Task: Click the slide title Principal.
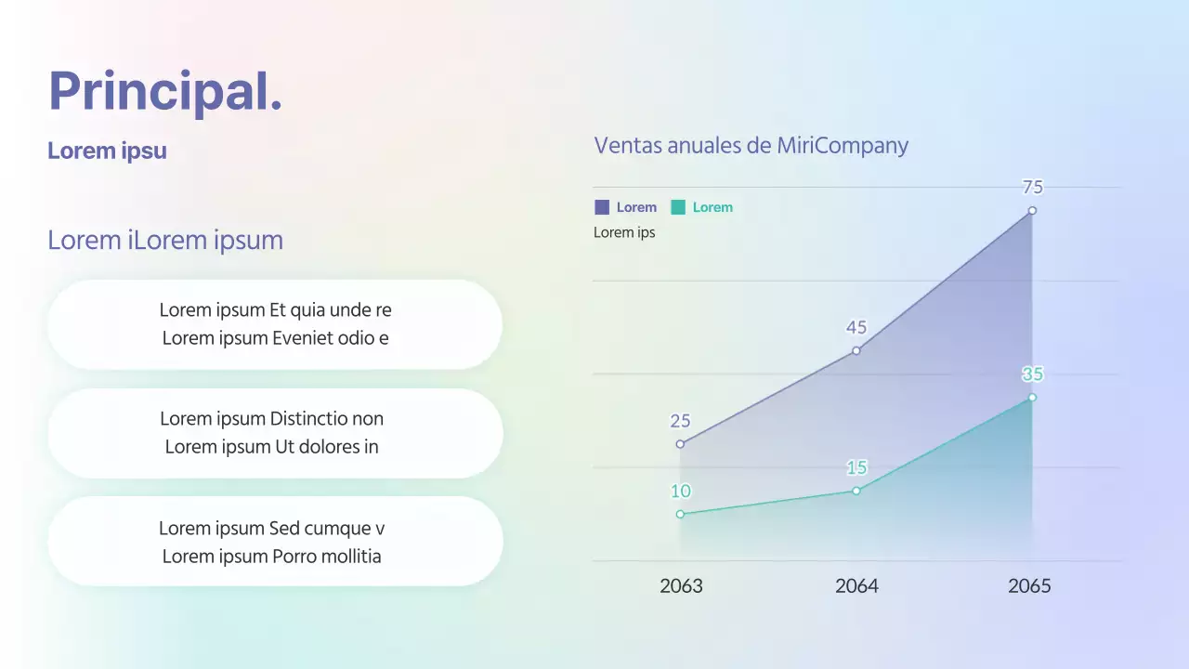(165, 91)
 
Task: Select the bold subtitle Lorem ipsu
(107, 151)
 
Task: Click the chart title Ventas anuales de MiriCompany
(751, 145)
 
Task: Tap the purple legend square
(602, 207)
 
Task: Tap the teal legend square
(678, 207)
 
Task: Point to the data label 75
(1032, 188)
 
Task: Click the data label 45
(856, 327)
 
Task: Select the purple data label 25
(680, 421)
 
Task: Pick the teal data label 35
(1032, 374)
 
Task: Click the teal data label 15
(856, 467)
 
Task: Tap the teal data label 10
(680, 492)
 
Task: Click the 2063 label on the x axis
(681, 586)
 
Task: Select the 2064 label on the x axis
(856, 586)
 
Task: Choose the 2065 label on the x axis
(1029, 586)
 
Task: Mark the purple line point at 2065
(1032, 211)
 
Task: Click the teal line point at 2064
(856, 491)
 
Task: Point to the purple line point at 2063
(680, 444)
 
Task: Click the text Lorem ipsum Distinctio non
(271, 419)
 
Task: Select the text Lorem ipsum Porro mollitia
(271, 557)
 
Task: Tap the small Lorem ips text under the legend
(624, 232)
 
